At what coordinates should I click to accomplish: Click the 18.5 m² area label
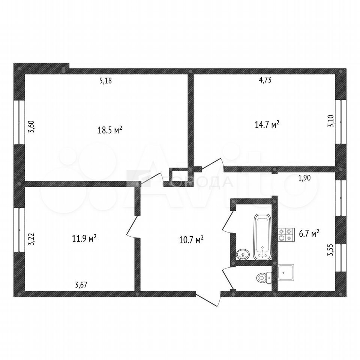tap(110, 130)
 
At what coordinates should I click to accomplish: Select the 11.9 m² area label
tap(84, 238)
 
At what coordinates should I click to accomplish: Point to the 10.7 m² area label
tap(191, 240)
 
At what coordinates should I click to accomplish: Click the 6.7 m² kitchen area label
tap(309, 234)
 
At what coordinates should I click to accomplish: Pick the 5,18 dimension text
tap(106, 81)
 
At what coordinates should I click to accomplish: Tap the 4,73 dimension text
tap(265, 80)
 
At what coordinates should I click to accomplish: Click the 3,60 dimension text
tap(31, 127)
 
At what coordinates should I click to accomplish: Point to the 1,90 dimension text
tap(304, 178)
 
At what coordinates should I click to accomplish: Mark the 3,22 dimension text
tap(31, 239)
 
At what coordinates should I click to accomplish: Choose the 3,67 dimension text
tap(81, 285)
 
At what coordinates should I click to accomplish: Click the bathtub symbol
tap(262, 237)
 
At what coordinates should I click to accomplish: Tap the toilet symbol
tap(264, 278)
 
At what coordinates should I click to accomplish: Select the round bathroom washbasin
tap(243, 254)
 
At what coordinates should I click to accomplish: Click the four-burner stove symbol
tap(286, 235)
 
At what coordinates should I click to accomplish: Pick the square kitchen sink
tap(286, 273)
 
